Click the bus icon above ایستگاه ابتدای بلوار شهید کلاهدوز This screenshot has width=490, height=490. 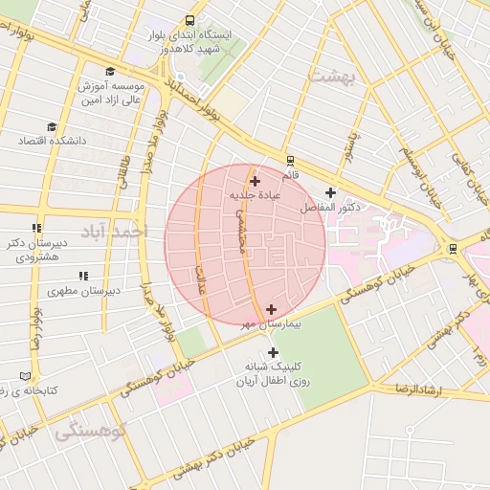click(190, 20)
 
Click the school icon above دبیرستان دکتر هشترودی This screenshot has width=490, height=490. click(37, 228)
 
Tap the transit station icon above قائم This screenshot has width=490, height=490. click(290, 161)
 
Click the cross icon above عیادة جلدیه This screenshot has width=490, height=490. click(254, 180)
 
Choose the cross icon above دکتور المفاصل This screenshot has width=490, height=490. click(330, 192)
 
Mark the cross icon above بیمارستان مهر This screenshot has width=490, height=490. click(272, 309)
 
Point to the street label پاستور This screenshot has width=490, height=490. click(351, 146)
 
